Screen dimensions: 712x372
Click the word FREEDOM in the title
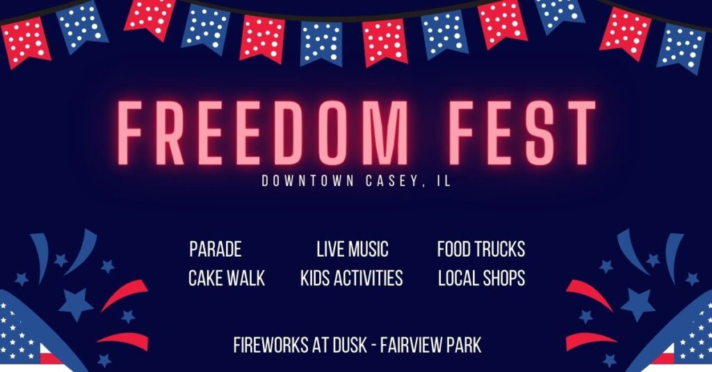pyautogui.click(x=263, y=133)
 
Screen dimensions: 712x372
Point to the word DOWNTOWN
pyautogui.click(x=307, y=181)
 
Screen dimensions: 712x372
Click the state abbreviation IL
pyautogui.click(x=444, y=181)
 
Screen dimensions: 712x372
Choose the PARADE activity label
pyautogui.click(x=216, y=249)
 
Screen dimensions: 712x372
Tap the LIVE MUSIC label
pyautogui.click(x=353, y=249)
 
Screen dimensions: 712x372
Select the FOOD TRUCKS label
pyautogui.click(x=481, y=249)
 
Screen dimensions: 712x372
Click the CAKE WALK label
pyautogui.click(x=227, y=278)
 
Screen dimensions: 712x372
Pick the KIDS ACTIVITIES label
pyautogui.click(x=351, y=278)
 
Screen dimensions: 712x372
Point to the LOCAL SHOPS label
pyautogui.click(x=482, y=278)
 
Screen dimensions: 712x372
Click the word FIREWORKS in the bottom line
pyautogui.click(x=270, y=345)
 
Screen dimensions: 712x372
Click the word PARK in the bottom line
pyautogui.click(x=464, y=345)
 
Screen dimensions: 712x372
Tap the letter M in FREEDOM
pyautogui.click(x=385, y=133)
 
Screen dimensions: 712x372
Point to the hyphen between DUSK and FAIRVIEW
pyautogui.click(x=373, y=346)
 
